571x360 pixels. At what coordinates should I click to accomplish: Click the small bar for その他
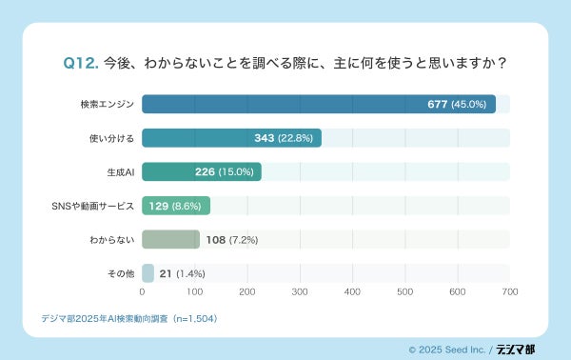click(148, 273)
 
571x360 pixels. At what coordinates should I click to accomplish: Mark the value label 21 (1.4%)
click(182, 273)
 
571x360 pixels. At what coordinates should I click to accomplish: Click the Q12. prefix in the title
click(81, 63)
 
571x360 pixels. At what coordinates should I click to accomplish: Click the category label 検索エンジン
click(108, 104)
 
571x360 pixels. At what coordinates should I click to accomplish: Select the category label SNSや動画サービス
click(91, 206)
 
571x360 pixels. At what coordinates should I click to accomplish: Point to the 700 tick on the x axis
click(509, 292)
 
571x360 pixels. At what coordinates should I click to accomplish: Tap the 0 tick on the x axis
click(142, 292)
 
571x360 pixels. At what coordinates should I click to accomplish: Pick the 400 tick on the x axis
click(352, 292)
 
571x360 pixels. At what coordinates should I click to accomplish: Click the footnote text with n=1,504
click(129, 318)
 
